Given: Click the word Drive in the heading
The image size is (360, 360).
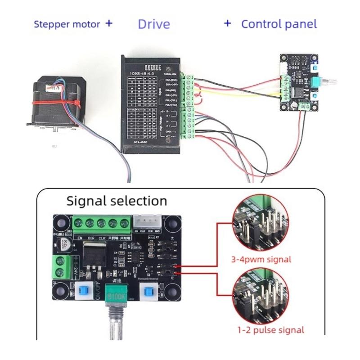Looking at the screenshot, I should tap(154, 24).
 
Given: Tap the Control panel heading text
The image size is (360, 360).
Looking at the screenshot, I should tap(279, 24).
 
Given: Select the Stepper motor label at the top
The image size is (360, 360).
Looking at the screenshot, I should tap(67, 24).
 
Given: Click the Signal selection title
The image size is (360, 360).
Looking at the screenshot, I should tap(117, 200).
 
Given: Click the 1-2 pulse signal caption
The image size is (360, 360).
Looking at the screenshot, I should tap(270, 329).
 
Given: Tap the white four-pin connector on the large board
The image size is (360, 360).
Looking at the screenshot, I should tap(148, 221).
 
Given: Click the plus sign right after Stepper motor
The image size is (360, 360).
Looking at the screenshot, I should tap(108, 23).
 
